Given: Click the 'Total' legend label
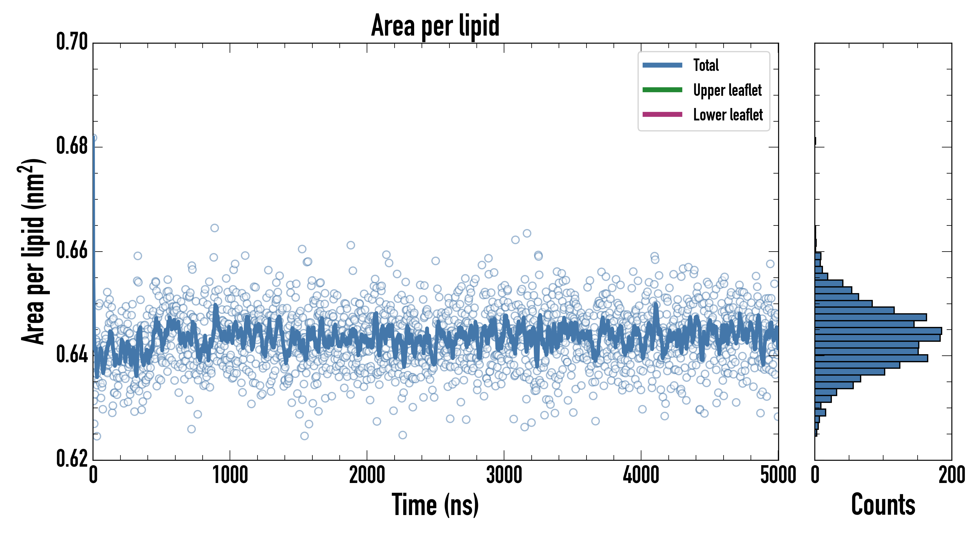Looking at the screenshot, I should point(706,65).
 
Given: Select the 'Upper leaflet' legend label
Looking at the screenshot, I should point(727,90).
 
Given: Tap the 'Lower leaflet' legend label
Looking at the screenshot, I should point(728,115).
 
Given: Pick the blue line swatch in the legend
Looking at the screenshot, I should point(662,65).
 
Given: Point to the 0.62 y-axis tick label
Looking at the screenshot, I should point(72,458).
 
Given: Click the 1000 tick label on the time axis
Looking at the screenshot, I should point(230,475).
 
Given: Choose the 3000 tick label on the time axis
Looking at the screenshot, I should point(504,475).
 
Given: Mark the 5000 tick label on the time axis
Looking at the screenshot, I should point(778,475).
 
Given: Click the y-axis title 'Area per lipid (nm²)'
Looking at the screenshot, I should point(33,251).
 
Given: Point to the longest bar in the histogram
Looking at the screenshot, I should point(878,331).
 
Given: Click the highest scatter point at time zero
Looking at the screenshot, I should point(93,138).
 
